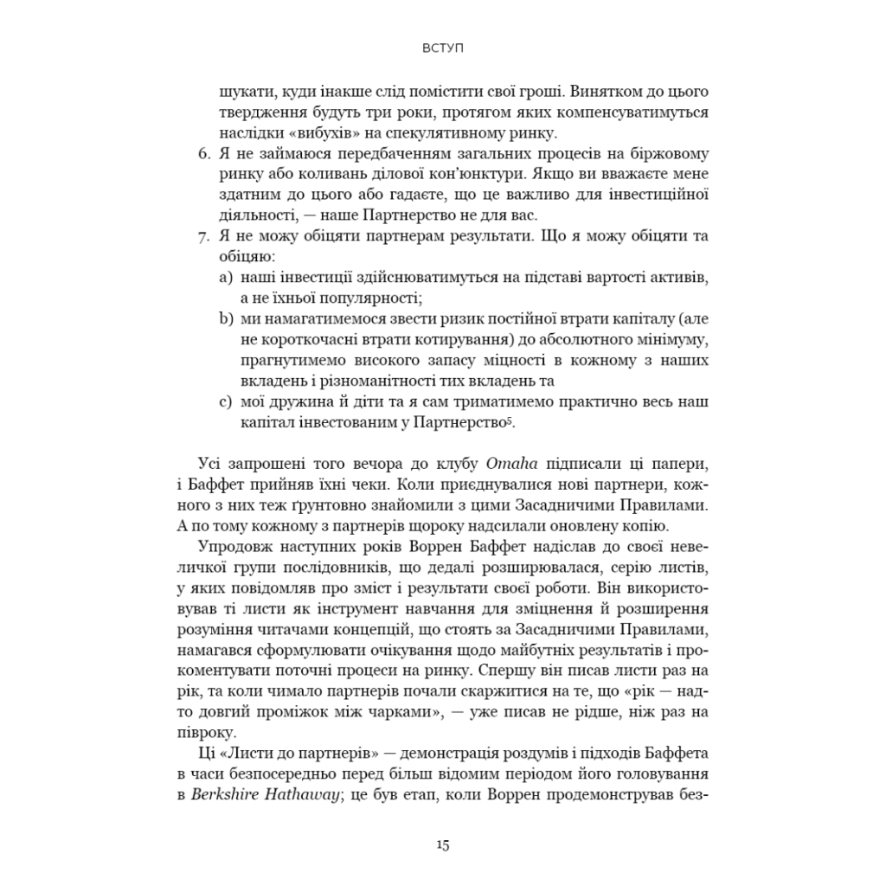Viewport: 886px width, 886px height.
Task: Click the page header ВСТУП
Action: click(442, 48)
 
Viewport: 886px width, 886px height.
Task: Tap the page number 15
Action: click(442, 845)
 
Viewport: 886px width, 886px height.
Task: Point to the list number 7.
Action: click(204, 236)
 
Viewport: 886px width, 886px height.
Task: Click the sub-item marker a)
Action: click(226, 278)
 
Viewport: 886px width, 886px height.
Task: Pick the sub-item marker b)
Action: click(226, 318)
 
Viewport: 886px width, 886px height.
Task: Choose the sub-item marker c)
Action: click(226, 401)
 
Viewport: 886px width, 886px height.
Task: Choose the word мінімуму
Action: click(672, 339)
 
